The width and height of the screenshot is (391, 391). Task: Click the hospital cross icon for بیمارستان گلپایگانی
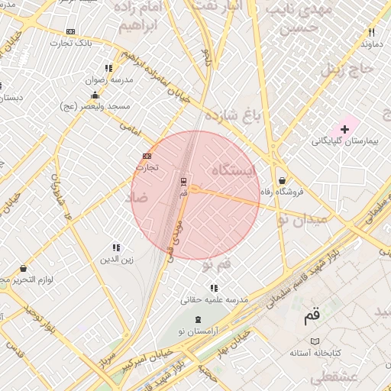(344, 129)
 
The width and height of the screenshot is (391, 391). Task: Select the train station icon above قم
(183, 182)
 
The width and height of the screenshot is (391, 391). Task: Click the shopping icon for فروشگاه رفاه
(283, 180)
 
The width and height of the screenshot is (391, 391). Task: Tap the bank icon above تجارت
(147, 156)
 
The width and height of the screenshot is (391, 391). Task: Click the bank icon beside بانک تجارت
(71, 31)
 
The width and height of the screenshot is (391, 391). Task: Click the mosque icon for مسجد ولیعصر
(95, 95)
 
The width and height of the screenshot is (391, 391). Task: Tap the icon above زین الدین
(116, 247)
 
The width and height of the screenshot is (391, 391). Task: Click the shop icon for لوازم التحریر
(23, 269)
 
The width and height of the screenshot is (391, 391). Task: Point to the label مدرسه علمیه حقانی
(215, 301)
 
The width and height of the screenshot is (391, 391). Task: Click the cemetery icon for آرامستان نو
(199, 319)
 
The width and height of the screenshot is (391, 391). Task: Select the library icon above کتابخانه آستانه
(314, 341)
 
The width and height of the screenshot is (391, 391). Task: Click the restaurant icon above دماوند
(371, 33)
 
